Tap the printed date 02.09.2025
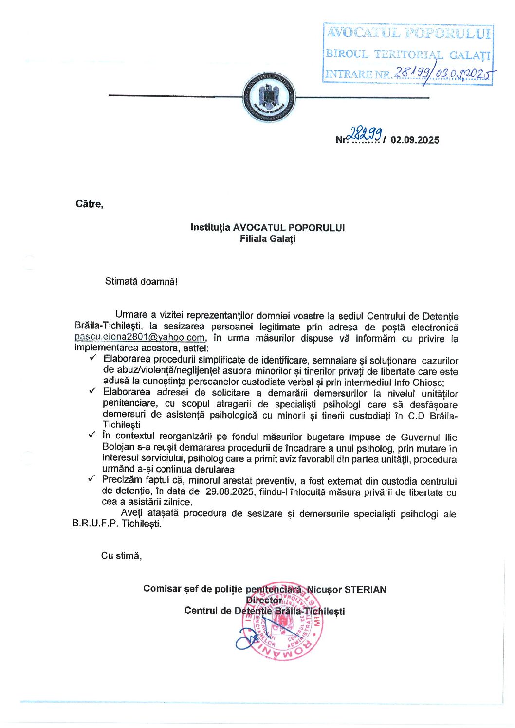(414, 140)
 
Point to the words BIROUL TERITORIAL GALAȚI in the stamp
(408, 54)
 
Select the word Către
(90, 204)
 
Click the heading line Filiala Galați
(267, 239)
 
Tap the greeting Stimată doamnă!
(141, 281)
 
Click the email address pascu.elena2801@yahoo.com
(140, 337)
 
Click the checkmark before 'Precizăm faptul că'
(92, 479)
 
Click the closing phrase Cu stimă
(121, 555)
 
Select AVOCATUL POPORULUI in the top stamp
(408, 33)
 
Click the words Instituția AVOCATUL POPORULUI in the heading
(267, 227)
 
